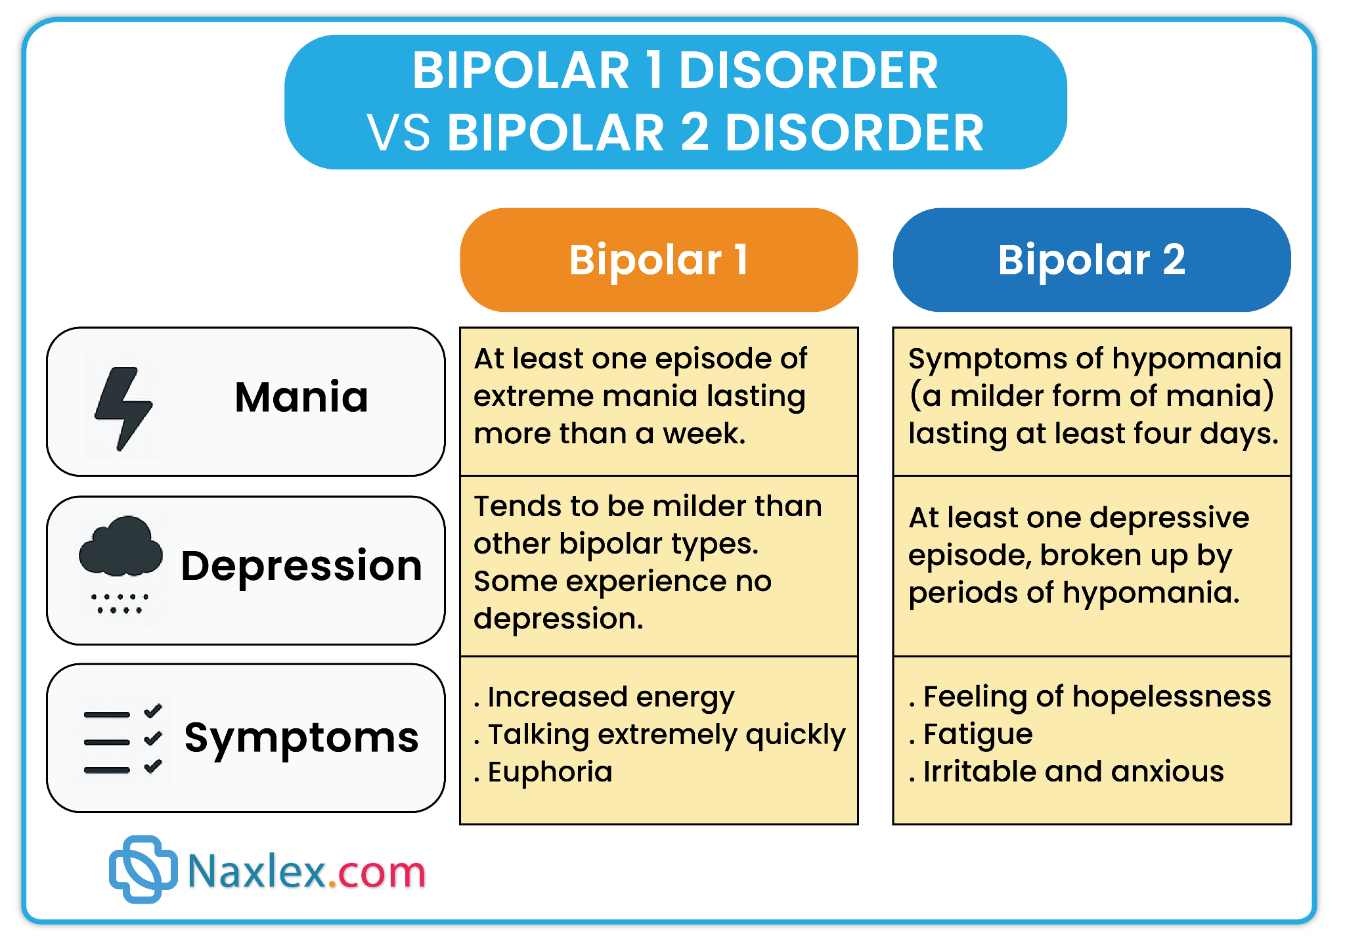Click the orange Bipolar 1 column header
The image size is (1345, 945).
(x=659, y=260)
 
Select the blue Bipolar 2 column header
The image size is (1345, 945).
(x=1091, y=260)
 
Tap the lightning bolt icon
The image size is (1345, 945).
(x=123, y=408)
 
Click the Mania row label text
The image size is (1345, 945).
(x=301, y=397)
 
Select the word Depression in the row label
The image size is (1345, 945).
(x=301, y=566)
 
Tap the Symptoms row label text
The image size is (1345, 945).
(x=301, y=738)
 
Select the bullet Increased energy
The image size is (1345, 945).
(x=604, y=697)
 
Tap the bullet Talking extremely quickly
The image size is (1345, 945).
(x=659, y=735)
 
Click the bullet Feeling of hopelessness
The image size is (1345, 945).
(x=1090, y=696)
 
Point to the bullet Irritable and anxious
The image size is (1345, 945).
(x=1067, y=772)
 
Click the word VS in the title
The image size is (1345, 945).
(x=399, y=133)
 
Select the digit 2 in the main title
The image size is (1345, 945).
(x=695, y=132)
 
